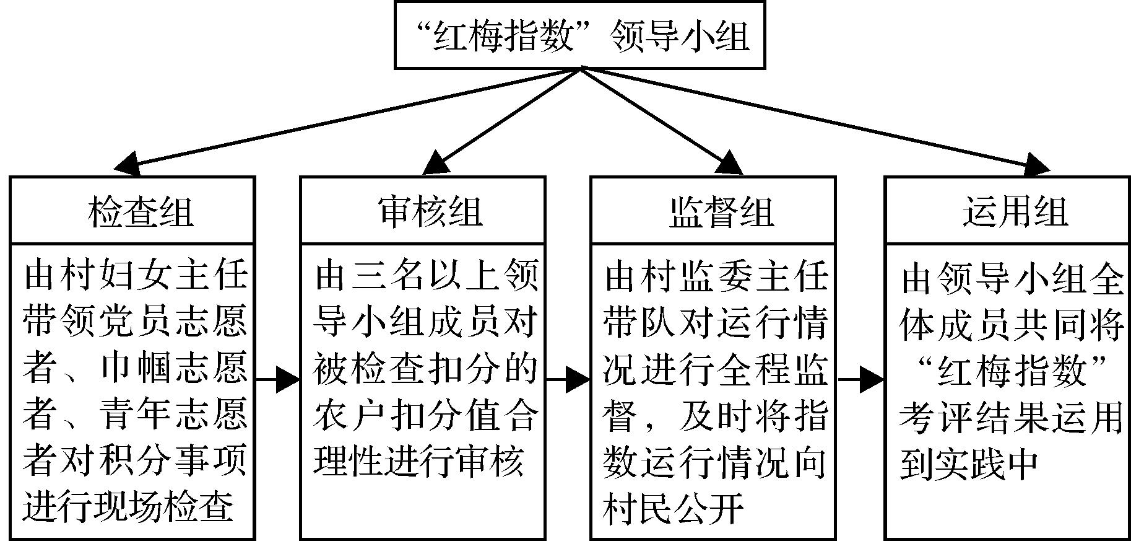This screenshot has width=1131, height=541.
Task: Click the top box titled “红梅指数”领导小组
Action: (x=580, y=35)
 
